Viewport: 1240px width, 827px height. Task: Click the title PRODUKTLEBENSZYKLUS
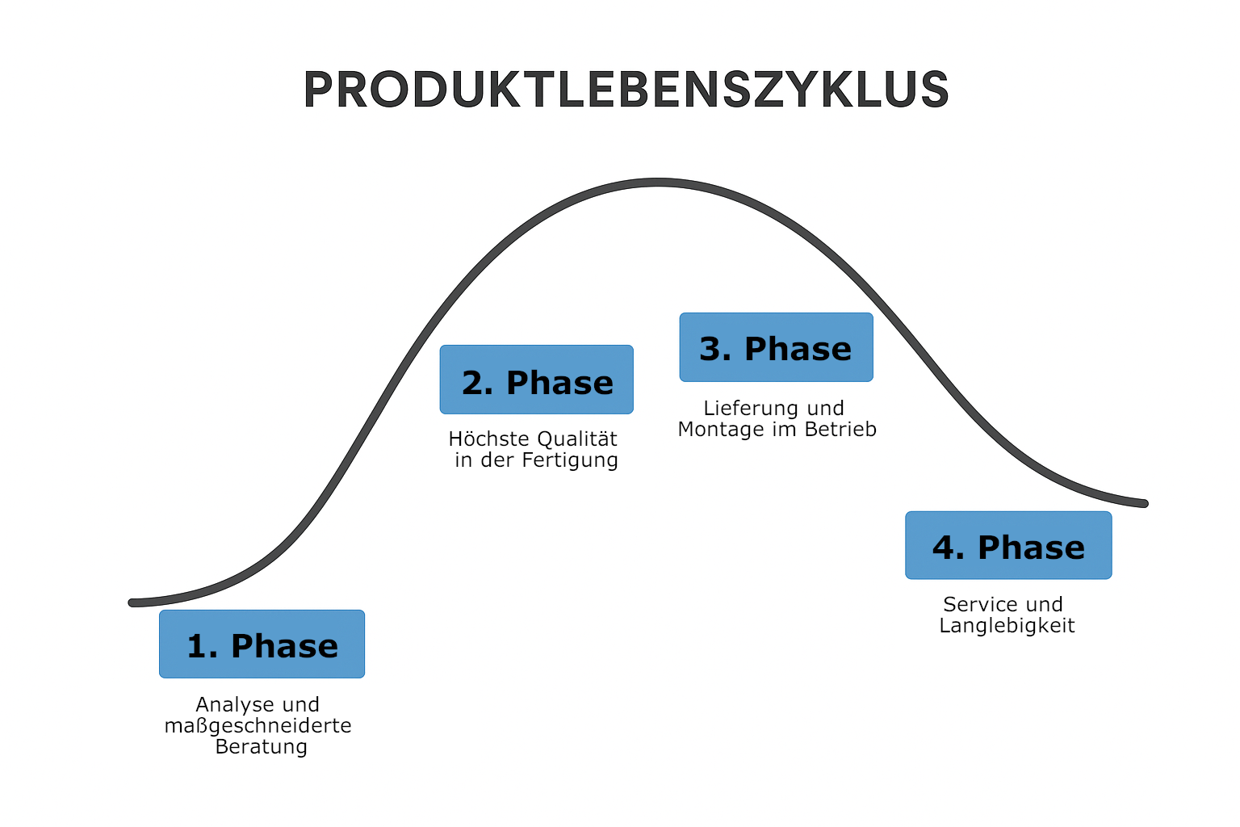click(626, 90)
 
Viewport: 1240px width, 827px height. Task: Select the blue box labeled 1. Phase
click(262, 644)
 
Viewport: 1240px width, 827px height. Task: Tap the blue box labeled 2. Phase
click(536, 380)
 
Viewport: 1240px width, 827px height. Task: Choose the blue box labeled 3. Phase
click(776, 347)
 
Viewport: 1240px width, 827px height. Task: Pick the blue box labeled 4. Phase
click(1008, 545)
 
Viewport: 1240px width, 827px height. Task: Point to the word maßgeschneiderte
click(258, 726)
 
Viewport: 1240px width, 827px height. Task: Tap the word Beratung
click(261, 746)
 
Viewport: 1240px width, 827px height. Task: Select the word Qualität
click(577, 439)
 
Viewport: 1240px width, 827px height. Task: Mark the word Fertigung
click(570, 460)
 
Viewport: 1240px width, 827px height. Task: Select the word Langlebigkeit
click(1007, 626)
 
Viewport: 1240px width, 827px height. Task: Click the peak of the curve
click(657, 183)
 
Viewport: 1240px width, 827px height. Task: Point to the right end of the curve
click(1143, 503)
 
